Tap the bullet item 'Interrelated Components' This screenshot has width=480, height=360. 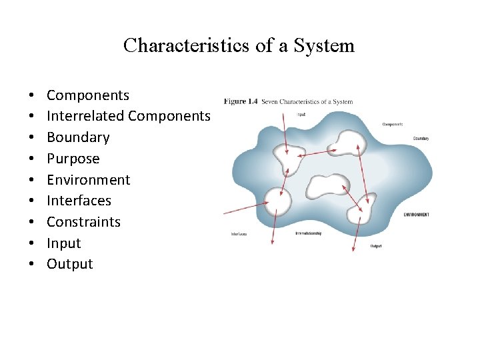128,116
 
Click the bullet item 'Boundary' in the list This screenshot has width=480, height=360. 77,137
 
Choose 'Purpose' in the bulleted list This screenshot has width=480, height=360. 73,159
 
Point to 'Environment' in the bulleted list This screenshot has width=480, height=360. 88,180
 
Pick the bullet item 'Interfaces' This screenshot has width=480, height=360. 79,201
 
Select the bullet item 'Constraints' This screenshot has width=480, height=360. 83,222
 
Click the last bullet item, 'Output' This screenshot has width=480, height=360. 69,264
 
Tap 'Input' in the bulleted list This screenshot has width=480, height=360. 63,243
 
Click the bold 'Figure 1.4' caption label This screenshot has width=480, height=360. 241,101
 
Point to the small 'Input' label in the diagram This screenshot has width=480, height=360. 301,114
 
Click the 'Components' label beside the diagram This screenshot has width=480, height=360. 392,124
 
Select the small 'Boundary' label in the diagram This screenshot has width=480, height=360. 420,139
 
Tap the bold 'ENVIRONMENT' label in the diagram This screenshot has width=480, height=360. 416,215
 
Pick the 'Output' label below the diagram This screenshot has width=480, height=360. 376,246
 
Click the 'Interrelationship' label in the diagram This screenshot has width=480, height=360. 308,233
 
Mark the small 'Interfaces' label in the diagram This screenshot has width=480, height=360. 239,234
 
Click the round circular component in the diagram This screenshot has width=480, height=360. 278,201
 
